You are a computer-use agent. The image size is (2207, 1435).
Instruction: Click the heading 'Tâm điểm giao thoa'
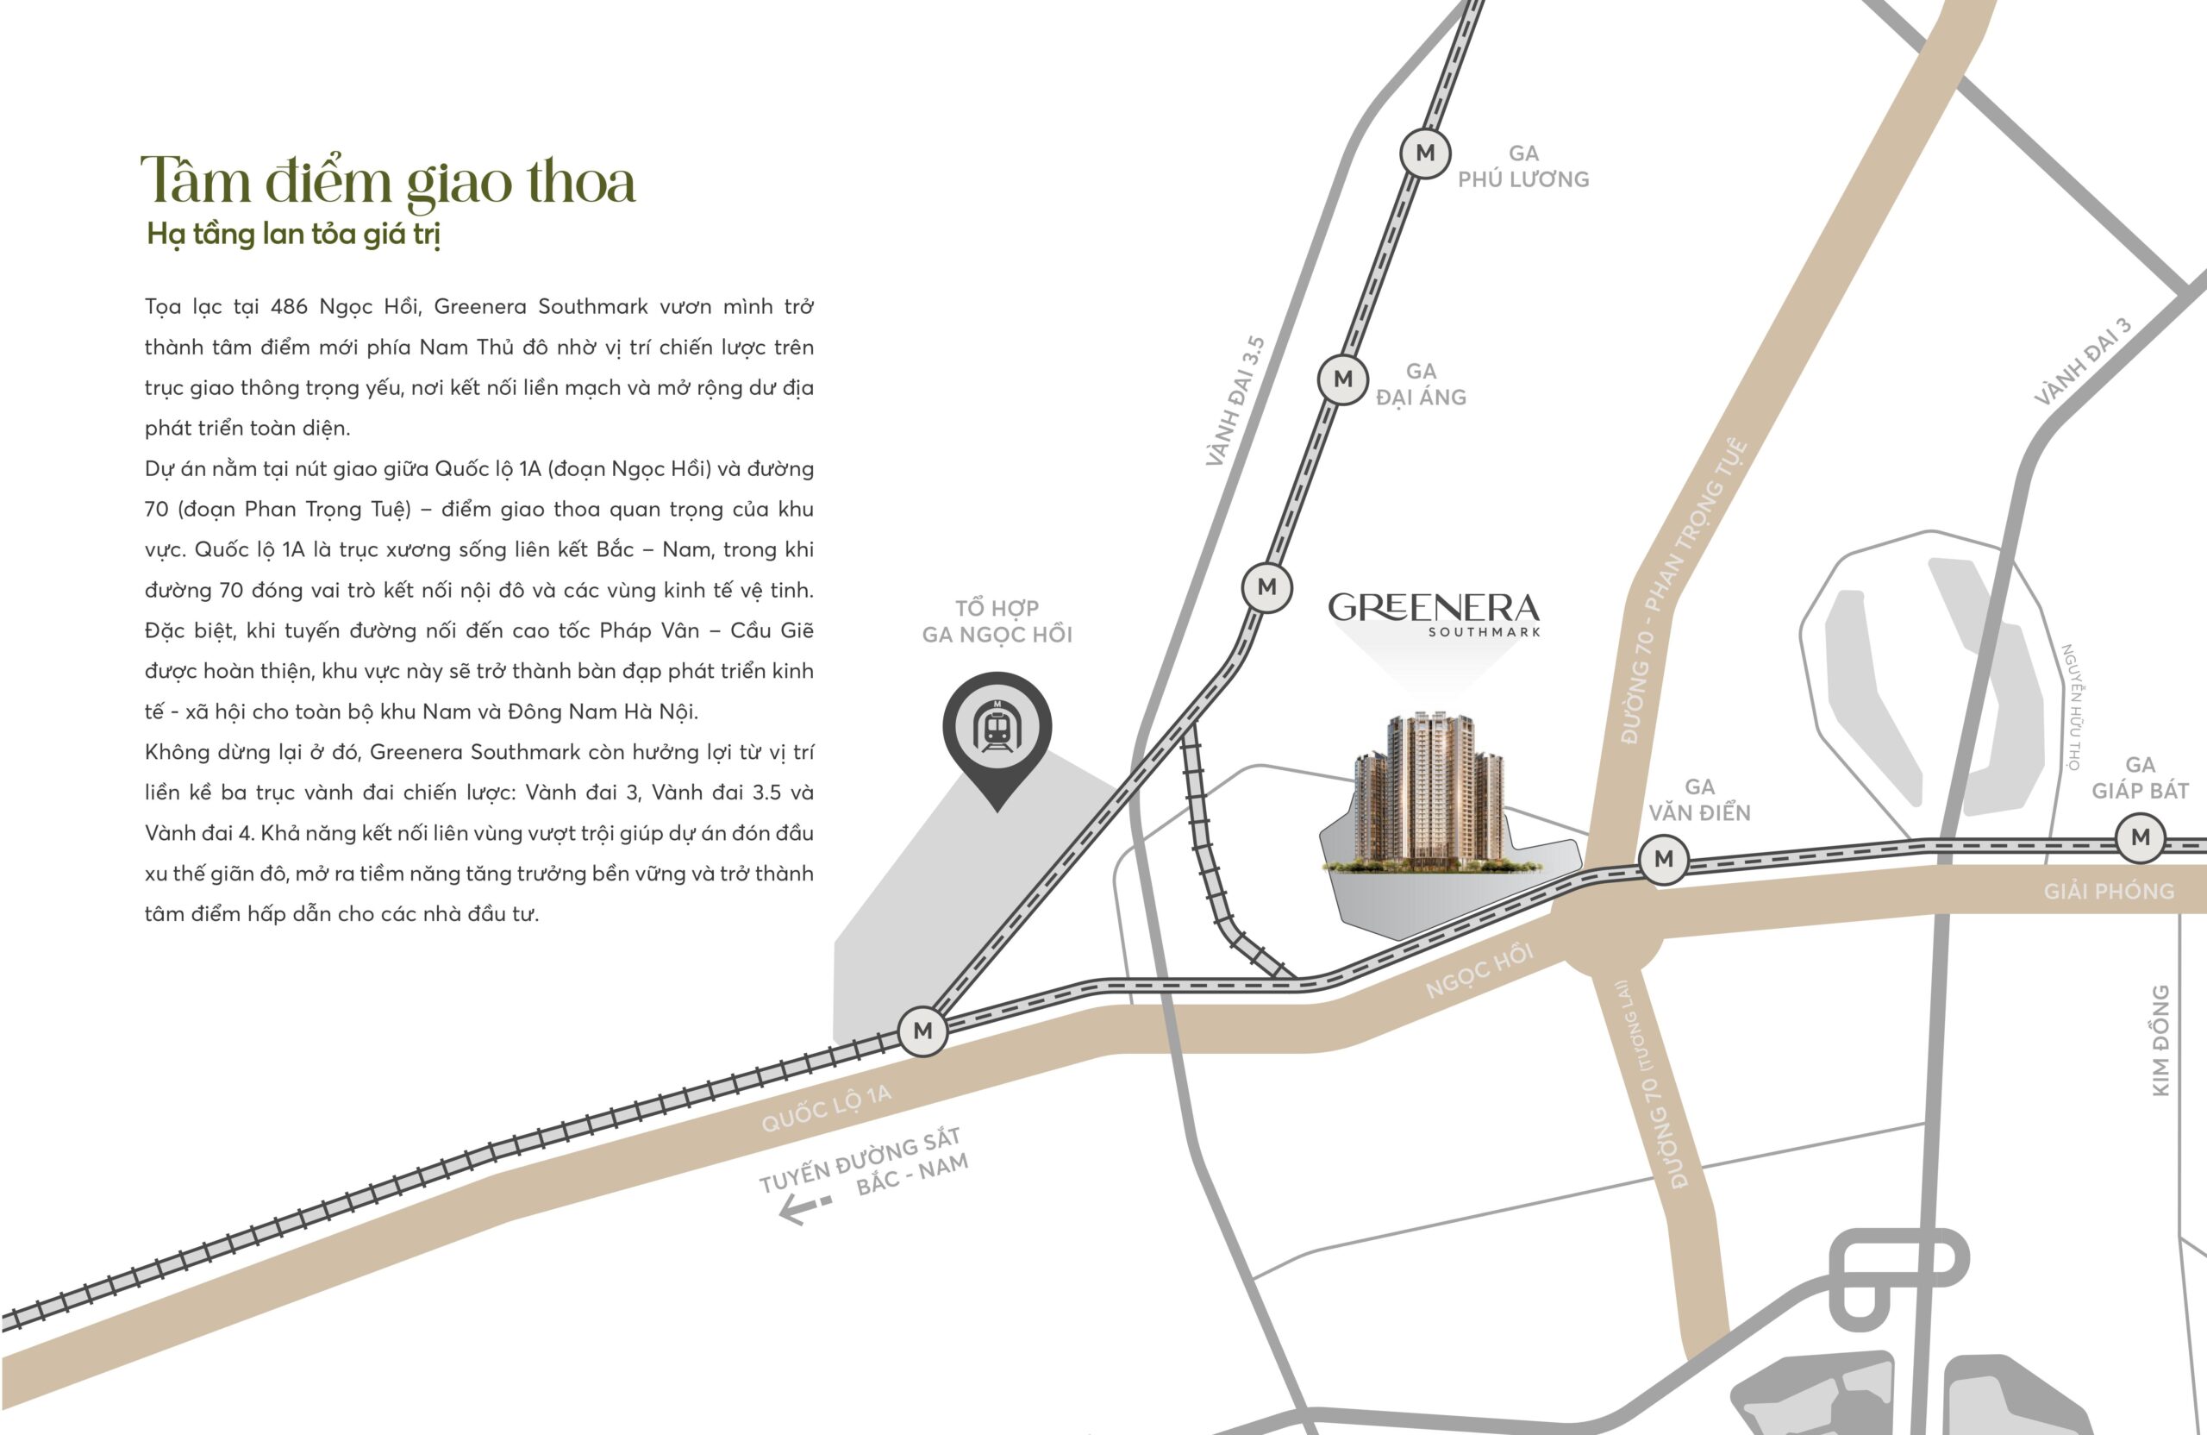[x=388, y=181]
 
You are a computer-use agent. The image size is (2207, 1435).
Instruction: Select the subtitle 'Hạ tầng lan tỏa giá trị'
[x=293, y=234]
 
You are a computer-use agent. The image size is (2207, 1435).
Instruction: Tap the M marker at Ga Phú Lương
[x=1425, y=153]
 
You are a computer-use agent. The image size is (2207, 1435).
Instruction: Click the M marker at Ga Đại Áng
[x=1343, y=379]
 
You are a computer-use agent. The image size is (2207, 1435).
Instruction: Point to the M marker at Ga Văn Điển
[x=1664, y=859]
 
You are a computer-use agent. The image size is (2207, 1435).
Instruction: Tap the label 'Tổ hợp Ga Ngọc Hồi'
[x=997, y=622]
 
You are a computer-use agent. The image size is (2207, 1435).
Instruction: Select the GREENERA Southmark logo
[x=1434, y=611]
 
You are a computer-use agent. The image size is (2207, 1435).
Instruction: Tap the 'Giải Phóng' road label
[x=2109, y=892]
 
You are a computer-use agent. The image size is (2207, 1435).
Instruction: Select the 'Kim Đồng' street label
[x=2160, y=1040]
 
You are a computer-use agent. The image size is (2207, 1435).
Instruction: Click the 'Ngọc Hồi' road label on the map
[x=1479, y=970]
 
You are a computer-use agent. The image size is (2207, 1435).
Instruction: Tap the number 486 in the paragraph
[x=290, y=307]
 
